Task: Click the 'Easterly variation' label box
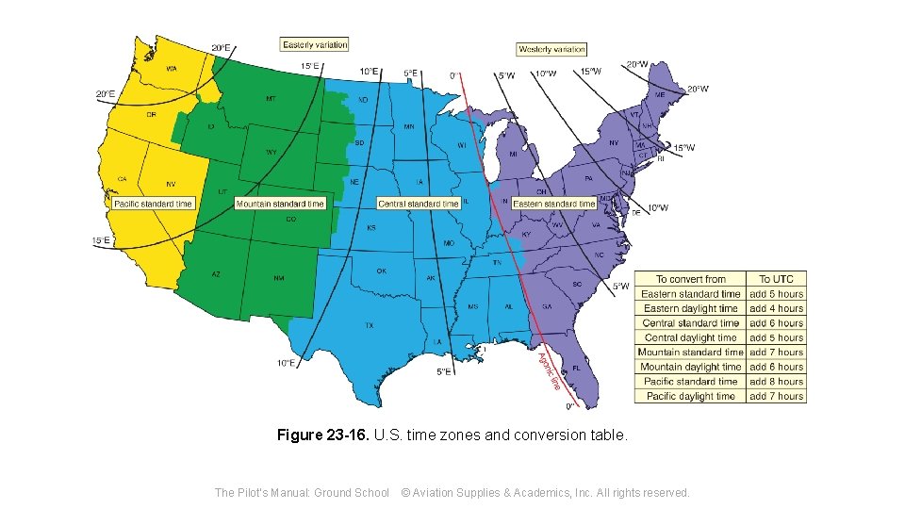pyautogui.click(x=315, y=44)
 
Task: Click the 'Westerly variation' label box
pyautogui.click(x=551, y=49)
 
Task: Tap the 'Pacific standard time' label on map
pyautogui.click(x=153, y=204)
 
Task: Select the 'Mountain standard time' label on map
pyautogui.click(x=280, y=204)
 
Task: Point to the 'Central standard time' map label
pyautogui.click(x=418, y=204)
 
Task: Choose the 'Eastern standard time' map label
pyautogui.click(x=554, y=204)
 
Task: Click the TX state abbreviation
pyautogui.click(x=370, y=325)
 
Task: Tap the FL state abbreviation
pyautogui.click(x=575, y=368)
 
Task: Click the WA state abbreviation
pyautogui.click(x=172, y=69)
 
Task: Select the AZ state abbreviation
pyautogui.click(x=216, y=274)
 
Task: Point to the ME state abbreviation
pyautogui.click(x=660, y=95)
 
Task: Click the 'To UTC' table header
pyautogui.click(x=776, y=279)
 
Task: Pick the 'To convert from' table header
pyautogui.click(x=690, y=279)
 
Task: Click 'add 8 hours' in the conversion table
pyautogui.click(x=776, y=382)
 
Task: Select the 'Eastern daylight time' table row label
pyautogui.click(x=690, y=308)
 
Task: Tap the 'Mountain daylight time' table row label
pyautogui.click(x=690, y=367)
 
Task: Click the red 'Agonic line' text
pyautogui.click(x=549, y=369)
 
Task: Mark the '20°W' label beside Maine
pyautogui.click(x=697, y=90)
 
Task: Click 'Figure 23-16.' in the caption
pyautogui.click(x=323, y=435)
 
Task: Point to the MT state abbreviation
pyautogui.click(x=271, y=99)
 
